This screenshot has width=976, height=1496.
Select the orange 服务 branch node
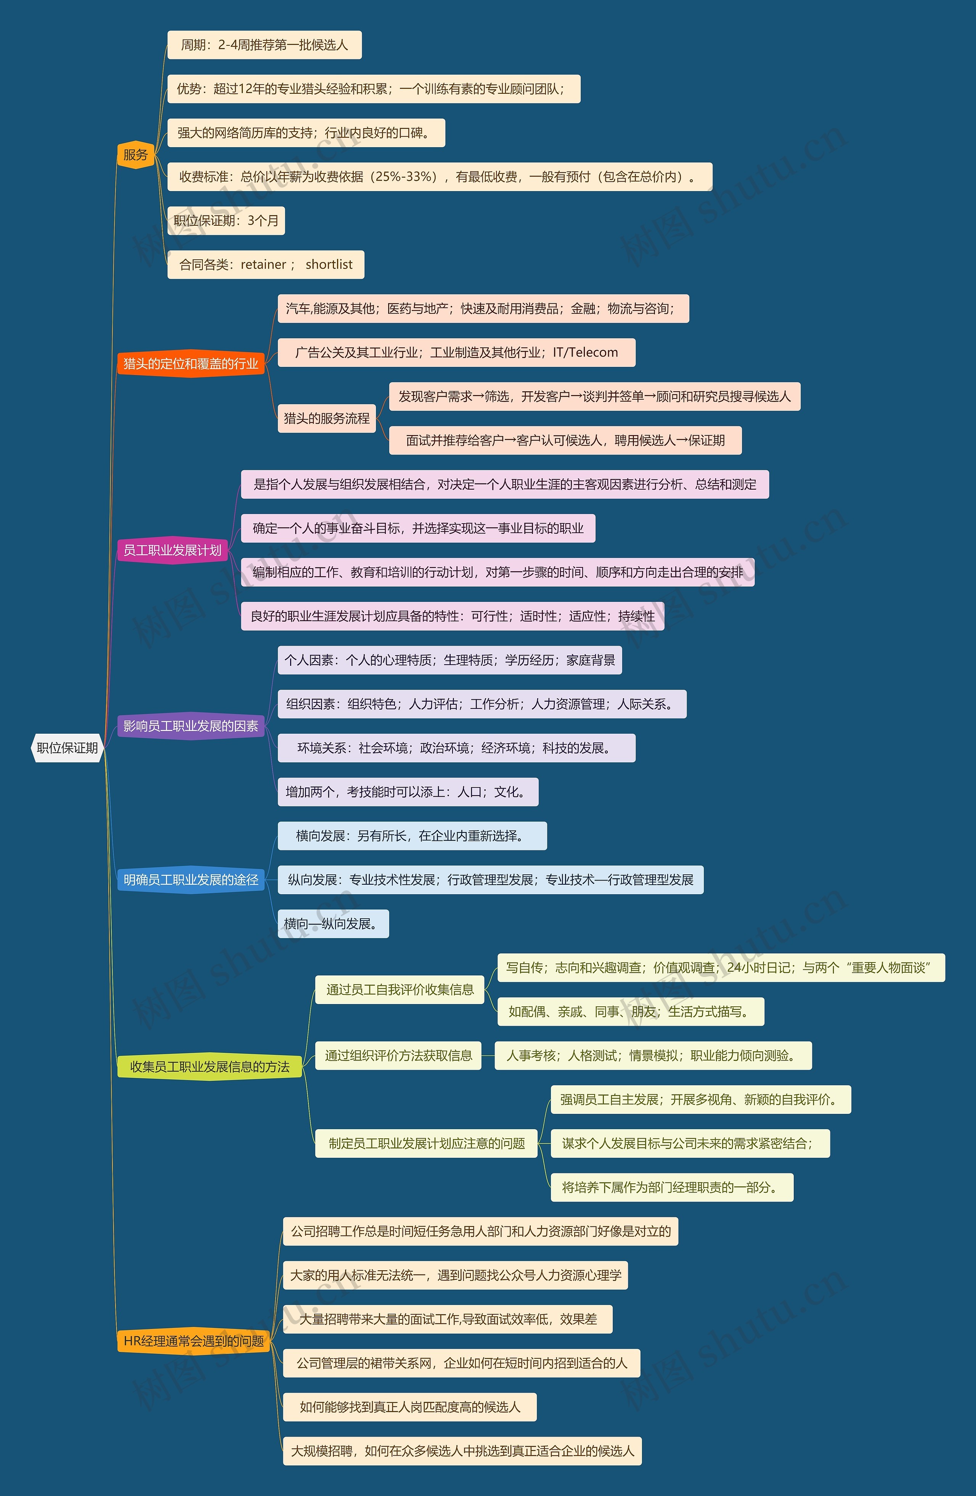pos(135,154)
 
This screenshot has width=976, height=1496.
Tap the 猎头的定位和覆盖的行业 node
pos(190,363)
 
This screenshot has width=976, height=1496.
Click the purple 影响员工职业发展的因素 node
pos(190,726)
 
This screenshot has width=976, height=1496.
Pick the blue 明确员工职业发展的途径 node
pos(190,879)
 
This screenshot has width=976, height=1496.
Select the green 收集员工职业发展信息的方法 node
pos(209,1066)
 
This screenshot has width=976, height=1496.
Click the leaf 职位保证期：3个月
pos(226,221)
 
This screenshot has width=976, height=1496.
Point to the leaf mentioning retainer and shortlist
pos(265,265)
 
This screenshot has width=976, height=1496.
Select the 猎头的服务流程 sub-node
pos(326,418)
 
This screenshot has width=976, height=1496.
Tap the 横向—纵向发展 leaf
pos(333,923)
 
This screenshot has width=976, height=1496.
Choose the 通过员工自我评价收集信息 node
pos(400,989)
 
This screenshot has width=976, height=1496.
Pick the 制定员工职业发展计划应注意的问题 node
pos(426,1143)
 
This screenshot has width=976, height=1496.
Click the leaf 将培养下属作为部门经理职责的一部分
pos(671,1187)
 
